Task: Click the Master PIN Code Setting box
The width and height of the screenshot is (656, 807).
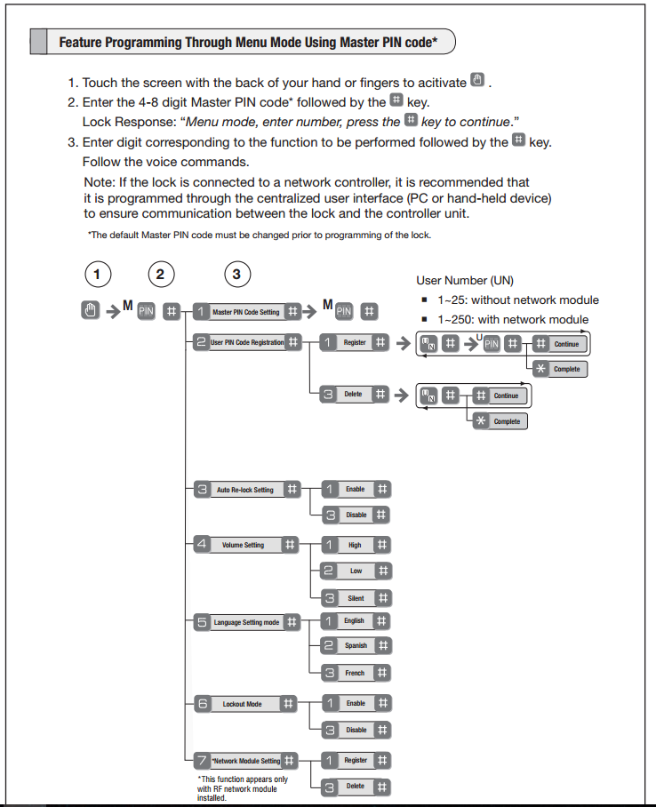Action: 245,312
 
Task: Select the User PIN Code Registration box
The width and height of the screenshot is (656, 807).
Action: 247,342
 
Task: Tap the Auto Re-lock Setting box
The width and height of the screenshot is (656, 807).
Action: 245,490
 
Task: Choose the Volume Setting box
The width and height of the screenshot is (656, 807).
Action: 243,545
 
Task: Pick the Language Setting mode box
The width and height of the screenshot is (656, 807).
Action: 246,622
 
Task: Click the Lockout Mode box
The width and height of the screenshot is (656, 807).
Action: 242,704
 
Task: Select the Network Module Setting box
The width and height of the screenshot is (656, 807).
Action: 246,761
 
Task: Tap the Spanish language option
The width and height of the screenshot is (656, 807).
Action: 355,646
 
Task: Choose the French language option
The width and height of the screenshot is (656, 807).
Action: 355,673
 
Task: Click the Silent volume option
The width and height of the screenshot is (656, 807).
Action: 355,598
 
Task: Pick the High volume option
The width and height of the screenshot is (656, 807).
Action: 355,545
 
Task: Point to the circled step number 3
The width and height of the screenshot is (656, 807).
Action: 236,275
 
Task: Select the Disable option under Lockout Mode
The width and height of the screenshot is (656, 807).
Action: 356,730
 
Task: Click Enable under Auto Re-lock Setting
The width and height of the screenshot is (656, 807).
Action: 355,489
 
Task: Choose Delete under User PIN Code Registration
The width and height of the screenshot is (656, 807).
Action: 353,394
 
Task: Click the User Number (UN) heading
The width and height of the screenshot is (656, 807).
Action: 465,281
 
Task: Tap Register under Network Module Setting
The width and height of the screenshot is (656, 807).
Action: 355,760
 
